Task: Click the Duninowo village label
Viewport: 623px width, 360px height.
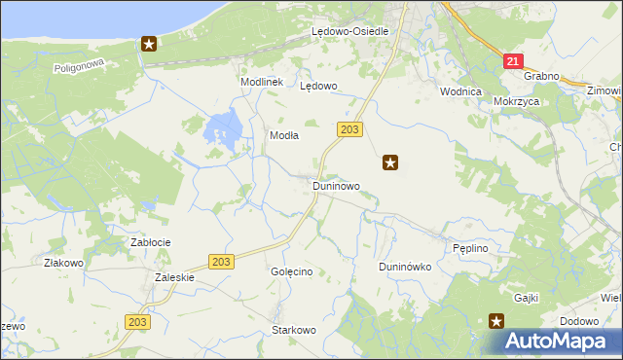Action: tap(336, 185)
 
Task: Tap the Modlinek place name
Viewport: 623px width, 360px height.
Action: tap(261, 83)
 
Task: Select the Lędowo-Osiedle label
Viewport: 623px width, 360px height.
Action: tap(349, 31)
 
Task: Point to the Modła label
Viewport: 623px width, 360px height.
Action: tap(283, 136)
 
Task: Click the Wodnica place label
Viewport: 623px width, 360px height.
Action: tap(461, 91)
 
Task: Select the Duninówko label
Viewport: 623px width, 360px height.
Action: tap(404, 267)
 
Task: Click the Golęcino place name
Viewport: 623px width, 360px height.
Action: tap(291, 271)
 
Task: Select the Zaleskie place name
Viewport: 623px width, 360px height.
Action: tap(175, 276)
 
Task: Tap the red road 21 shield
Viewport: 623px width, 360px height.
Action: tap(513, 60)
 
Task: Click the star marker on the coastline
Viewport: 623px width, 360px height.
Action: tap(149, 43)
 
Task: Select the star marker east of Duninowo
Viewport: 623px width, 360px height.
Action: tap(390, 162)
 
